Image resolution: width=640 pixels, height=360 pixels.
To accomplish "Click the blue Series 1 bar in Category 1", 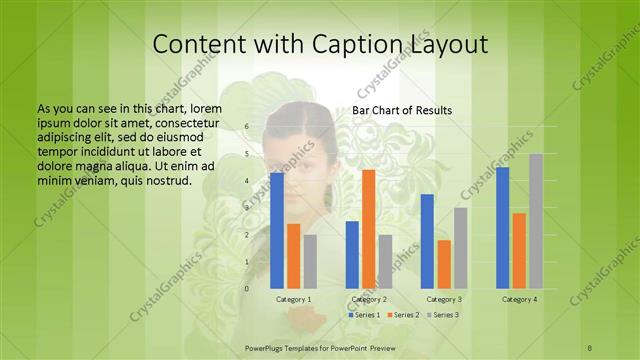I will coord(277,230).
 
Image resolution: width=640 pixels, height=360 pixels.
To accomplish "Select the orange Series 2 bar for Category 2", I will coord(369,228).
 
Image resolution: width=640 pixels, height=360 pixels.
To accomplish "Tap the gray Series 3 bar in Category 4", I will coord(536,221).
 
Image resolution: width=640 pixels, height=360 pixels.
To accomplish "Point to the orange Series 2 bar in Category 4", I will coord(519,250).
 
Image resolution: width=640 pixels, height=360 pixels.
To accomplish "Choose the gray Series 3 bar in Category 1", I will coord(310,261).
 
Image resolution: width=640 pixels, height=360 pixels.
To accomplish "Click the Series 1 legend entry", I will coord(364,315).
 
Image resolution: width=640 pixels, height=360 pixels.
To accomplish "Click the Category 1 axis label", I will coord(293,299).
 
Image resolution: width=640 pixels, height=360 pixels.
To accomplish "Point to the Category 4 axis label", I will coord(519,299).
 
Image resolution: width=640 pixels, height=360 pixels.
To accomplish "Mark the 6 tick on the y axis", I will coord(246,127).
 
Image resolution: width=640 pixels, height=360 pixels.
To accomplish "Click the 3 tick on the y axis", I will coord(246,208).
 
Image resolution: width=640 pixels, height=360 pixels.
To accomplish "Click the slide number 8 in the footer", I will coord(590,347).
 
